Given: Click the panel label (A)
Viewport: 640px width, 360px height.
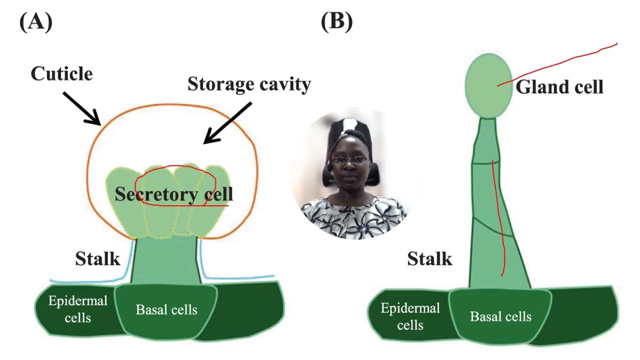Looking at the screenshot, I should coord(35,22).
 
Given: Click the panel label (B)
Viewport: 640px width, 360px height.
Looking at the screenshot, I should coord(336,22).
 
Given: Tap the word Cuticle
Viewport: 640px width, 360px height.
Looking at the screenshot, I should coord(61,74).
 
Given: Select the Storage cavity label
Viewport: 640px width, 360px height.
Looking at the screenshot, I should coord(249,84).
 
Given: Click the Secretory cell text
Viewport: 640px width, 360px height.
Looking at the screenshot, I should coord(173,194).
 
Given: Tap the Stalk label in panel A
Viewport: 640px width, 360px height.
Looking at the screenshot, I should coord(97,259).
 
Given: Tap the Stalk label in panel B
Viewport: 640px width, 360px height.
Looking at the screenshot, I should coord(429,259).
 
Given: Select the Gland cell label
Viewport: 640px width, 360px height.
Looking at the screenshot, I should coord(559,87).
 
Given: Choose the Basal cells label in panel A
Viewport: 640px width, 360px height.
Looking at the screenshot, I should coord(166,310).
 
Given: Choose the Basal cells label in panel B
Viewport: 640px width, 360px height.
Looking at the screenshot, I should coord(500,316).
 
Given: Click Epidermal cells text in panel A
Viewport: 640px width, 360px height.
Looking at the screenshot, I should coord(77,309).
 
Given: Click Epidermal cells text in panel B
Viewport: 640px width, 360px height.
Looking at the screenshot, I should coord(410,316).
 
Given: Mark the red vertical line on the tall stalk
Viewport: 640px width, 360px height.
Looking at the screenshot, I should coord(498,220).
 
